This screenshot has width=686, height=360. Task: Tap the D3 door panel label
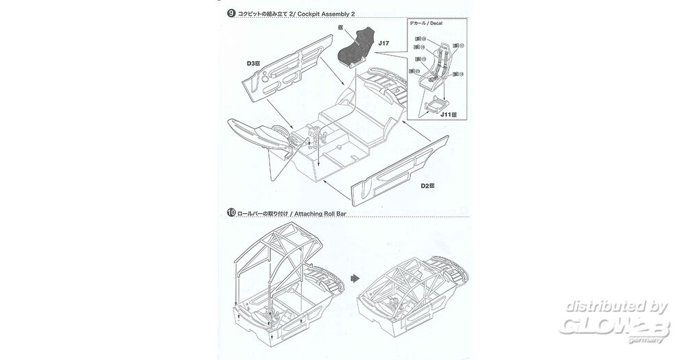point(252,63)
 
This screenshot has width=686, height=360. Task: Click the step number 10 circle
point(231,213)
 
